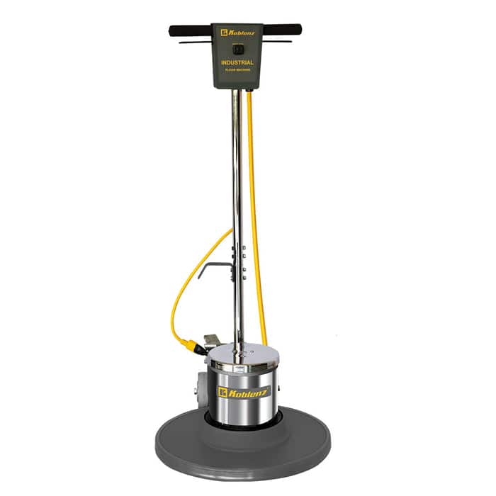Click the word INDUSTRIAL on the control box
[237, 62]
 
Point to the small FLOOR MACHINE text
[237, 71]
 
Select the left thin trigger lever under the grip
[195, 42]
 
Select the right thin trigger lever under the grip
[277, 41]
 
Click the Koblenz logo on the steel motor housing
[244, 391]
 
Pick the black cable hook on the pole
[213, 267]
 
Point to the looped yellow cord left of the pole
[177, 291]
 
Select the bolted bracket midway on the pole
[242, 262]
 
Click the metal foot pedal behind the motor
[210, 341]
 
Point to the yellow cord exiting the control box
[249, 96]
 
